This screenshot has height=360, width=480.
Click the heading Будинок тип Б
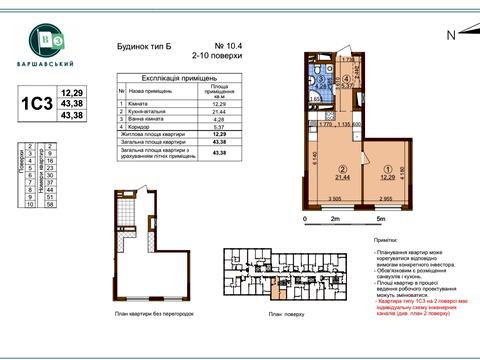click(131, 46)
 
